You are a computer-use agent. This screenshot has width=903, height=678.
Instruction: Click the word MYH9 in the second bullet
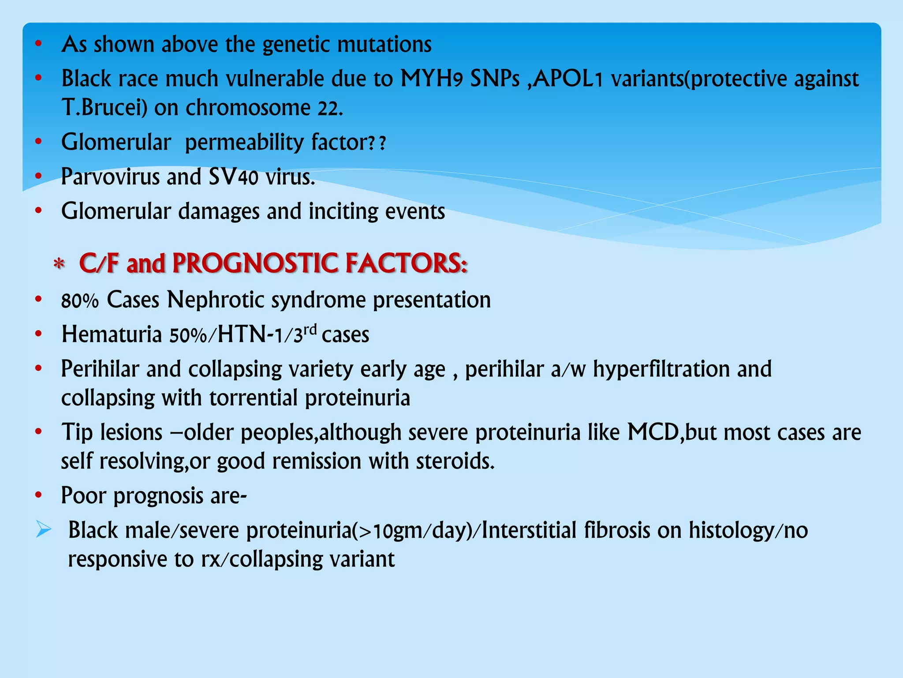tap(431, 79)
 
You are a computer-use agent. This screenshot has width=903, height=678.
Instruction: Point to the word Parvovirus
tap(110, 177)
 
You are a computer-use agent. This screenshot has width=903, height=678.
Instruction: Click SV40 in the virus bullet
tap(233, 177)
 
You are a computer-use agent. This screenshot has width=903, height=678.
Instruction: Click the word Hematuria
tap(112, 335)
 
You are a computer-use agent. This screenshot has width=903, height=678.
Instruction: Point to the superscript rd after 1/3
tap(310, 329)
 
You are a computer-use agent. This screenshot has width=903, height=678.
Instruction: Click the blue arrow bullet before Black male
tap(44, 529)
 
